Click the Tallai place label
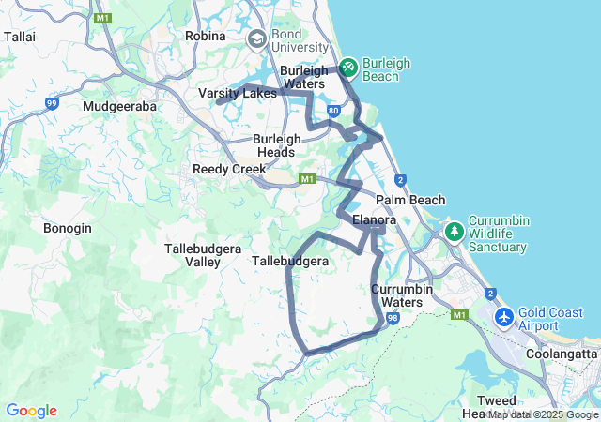click(20, 36)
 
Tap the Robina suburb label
click(206, 36)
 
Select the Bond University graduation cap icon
click(256, 39)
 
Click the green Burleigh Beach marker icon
click(347, 67)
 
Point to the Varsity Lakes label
click(238, 94)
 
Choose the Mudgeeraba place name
click(119, 106)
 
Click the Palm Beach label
click(410, 200)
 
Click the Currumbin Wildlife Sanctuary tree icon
click(455, 231)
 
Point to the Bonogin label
click(68, 228)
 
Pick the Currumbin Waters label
click(402, 295)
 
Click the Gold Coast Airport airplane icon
click(503, 317)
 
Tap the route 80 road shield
click(334, 111)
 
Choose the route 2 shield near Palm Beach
click(400, 180)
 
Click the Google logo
click(31, 411)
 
